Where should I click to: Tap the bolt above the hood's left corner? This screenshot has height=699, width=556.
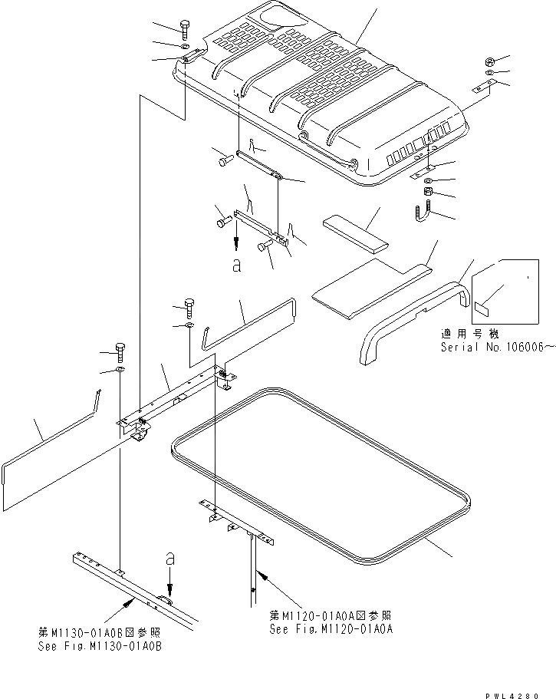point(189,28)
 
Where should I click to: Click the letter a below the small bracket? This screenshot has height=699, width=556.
point(236,265)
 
